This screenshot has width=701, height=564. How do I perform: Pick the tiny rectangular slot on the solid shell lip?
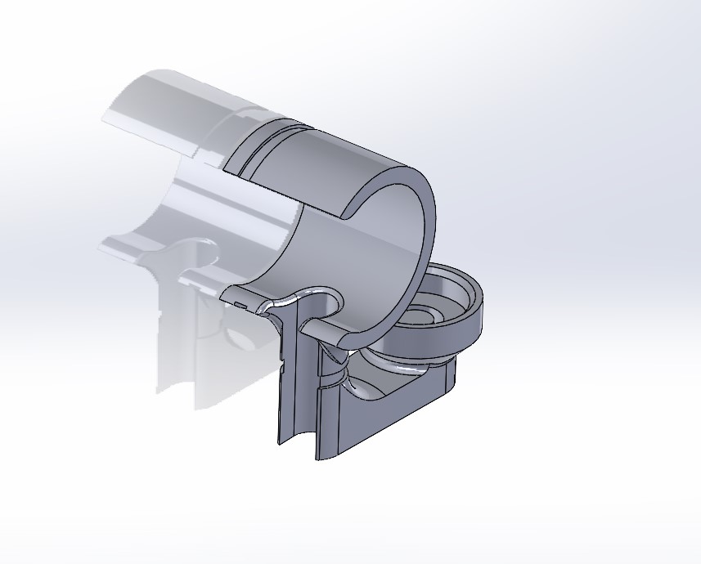(239, 305)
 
